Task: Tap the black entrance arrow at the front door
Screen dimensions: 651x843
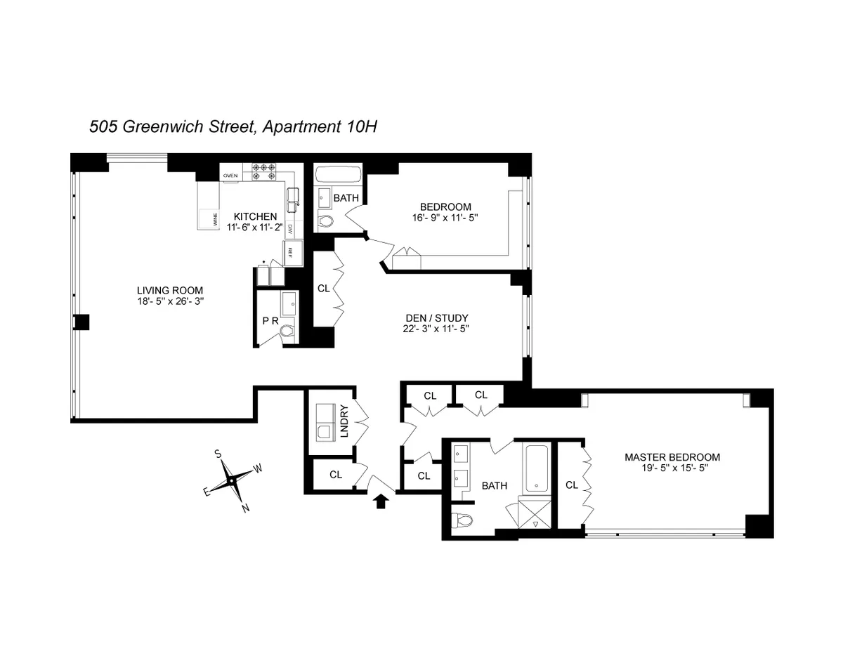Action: pyautogui.click(x=381, y=500)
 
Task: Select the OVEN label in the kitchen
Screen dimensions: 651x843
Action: pyautogui.click(x=230, y=176)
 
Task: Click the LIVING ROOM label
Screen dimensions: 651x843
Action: pyautogui.click(x=170, y=289)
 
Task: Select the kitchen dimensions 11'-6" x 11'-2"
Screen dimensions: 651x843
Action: pyautogui.click(x=255, y=227)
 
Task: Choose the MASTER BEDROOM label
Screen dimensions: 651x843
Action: pyautogui.click(x=672, y=457)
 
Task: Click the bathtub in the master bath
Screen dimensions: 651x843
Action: pyautogui.click(x=536, y=468)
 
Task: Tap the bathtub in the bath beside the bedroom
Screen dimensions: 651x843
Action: pyautogui.click(x=337, y=174)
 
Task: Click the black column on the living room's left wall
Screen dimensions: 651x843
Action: pyautogui.click(x=82, y=322)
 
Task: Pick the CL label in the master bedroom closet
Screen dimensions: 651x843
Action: pyautogui.click(x=572, y=485)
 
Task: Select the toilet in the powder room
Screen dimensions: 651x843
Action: pyautogui.click(x=287, y=330)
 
